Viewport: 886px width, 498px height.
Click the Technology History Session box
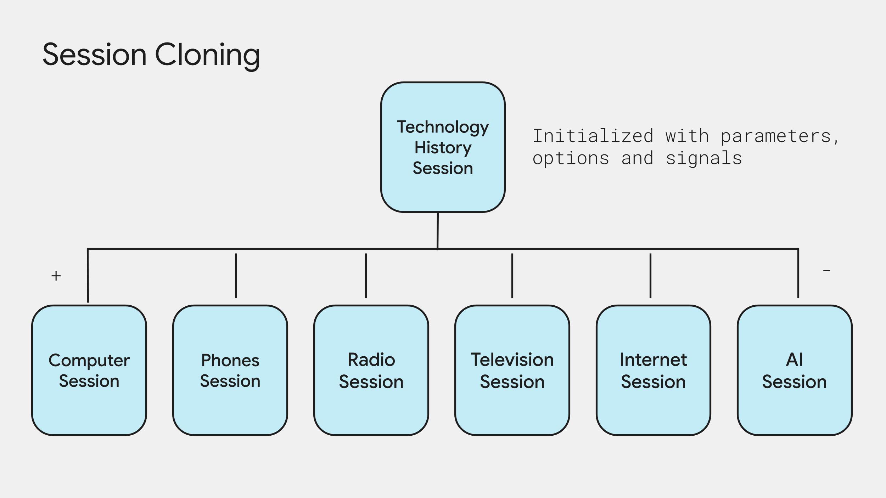coord(443,147)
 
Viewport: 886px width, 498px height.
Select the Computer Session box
coord(89,370)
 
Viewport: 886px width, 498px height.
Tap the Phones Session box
coord(230,370)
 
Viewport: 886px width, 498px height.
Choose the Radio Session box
coord(371,370)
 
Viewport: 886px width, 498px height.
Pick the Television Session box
coord(512,370)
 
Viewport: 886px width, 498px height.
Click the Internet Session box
coord(653,370)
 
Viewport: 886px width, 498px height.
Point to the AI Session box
coord(794,370)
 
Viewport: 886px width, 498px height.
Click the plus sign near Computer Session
coord(56,276)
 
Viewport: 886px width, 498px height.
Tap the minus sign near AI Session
coord(826,271)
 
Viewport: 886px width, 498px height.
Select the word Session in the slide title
coord(94,55)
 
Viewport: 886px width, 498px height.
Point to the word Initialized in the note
coord(593,136)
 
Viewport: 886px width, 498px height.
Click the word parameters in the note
coord(776,136)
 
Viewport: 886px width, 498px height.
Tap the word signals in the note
coord(703,158)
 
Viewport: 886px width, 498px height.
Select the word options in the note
coord(571,158)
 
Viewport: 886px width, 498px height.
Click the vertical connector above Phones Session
coord(236,276)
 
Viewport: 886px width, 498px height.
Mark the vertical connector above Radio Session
coord(366,276)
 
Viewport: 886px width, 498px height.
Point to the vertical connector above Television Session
coord(512,276)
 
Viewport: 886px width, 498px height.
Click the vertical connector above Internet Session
coord(650,276)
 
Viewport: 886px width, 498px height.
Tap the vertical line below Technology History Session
coord(438,230)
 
